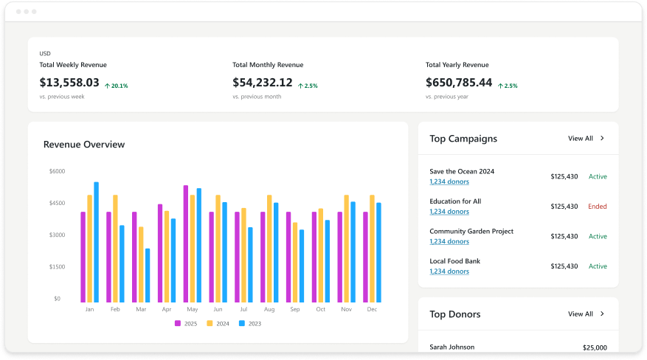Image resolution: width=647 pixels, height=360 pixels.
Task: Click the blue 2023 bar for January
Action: point(96,242)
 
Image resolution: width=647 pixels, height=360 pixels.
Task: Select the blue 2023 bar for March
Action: point(148,275)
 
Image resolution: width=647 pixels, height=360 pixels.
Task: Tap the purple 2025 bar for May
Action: point(186,243)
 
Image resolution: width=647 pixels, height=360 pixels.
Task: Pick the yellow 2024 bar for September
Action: point(295,262)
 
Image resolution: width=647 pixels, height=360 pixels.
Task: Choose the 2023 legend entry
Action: point(250,323)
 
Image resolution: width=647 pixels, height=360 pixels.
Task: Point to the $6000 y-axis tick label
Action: point(57,171)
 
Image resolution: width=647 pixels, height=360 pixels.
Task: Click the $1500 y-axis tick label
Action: point(57,266)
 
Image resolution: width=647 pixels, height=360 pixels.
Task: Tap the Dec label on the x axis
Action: point(372,309)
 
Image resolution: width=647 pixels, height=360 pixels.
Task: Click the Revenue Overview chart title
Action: point(84,145)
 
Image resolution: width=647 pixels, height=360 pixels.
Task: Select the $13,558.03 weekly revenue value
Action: point(69,83)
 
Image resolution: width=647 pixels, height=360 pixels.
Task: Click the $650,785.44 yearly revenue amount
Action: point(459,83)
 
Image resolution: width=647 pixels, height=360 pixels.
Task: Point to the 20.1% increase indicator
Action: point(116,86)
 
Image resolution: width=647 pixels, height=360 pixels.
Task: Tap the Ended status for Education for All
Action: point(597,207)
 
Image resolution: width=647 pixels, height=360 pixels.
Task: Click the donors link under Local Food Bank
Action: point(449,271)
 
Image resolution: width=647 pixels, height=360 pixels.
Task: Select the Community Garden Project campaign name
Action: point(471,231)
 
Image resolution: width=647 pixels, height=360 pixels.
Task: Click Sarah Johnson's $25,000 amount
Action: point(595,347)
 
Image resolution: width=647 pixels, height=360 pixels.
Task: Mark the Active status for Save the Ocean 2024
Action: point(598,176)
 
